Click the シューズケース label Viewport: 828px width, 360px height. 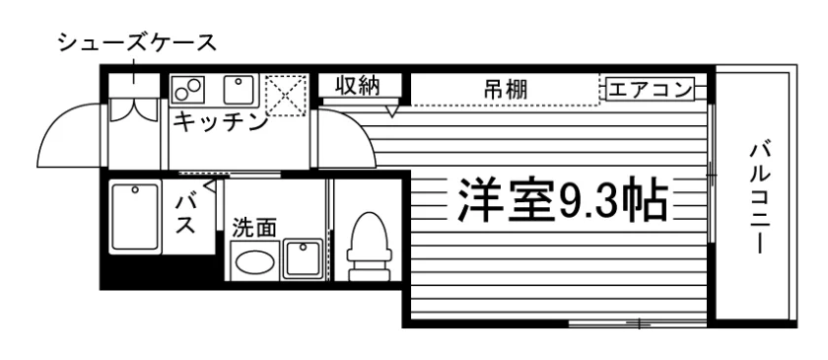pos(137,42)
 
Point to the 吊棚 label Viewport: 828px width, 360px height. pos(506,90)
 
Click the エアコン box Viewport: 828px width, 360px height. pos(650,89)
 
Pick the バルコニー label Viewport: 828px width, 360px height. pos(759,196)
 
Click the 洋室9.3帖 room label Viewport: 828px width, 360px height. pos(563,200)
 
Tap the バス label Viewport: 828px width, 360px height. pos(185,214)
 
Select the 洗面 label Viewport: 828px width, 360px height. pos(254,228)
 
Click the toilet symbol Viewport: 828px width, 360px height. pos(370,246)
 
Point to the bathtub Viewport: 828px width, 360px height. pos(135,217)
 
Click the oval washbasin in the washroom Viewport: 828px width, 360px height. pos(254,261)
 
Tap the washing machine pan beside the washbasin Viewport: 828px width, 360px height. pos(304,258)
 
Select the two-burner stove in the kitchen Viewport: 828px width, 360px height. pos(188,88)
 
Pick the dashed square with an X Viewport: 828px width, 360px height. pos(286,96)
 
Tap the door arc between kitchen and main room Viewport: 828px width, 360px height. pos(359,127)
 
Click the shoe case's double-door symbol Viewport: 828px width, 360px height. pos(134,109)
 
